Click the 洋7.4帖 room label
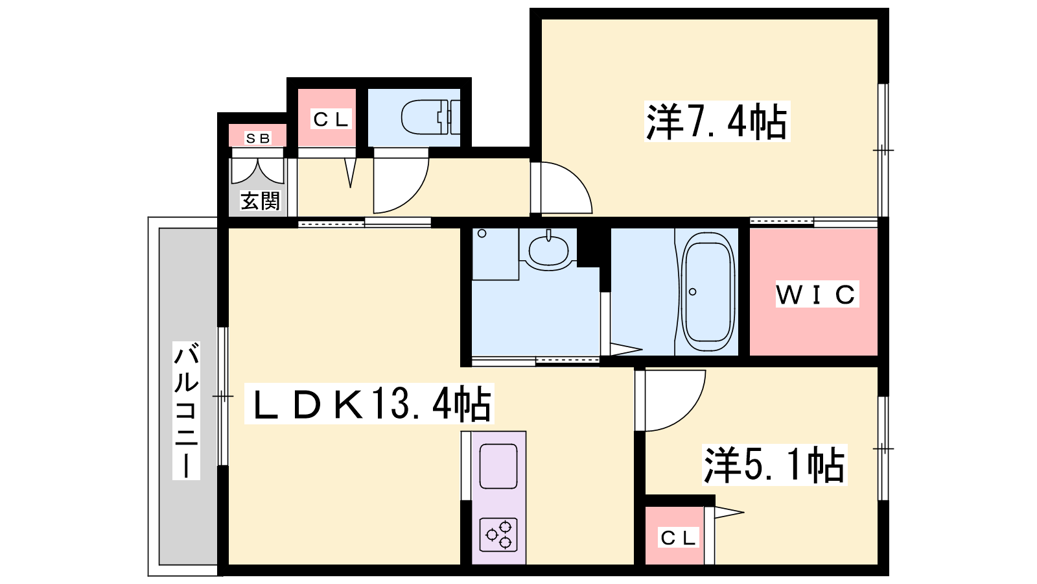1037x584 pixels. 717,121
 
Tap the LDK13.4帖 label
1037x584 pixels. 369,403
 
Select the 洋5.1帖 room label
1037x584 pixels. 775,465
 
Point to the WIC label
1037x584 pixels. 817,294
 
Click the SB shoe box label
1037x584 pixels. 258,138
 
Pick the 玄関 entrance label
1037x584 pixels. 260,201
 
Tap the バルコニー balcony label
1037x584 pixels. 186,410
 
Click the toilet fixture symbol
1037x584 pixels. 430,117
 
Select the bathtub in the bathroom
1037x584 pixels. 708,291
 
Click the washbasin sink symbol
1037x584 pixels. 548,250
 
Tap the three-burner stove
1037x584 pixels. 498,535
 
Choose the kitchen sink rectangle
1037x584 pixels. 498,466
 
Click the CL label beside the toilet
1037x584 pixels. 331,119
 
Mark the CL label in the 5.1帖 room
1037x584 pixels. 678,538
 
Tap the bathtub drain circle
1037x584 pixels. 693,291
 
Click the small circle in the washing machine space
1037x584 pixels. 482,234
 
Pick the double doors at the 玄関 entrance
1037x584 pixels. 257,171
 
